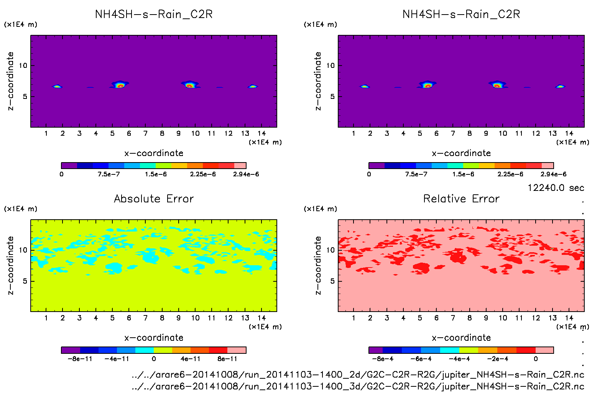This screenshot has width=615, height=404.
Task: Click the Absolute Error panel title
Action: (x=154, y=199)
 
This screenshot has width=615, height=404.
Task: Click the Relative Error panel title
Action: (x=461, y=199)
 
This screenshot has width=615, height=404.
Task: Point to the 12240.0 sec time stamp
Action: (x=556, y=188)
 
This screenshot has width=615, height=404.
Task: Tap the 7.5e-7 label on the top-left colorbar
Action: (x=109, y=174)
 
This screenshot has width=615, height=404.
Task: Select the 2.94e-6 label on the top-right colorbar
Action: (x=553, y=174)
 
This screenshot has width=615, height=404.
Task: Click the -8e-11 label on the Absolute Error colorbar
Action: (x=80, y=359)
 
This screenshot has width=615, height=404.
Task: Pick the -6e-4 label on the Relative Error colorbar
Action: (x=421, y=359)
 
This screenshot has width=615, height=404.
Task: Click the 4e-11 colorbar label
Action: (x=191, y=359)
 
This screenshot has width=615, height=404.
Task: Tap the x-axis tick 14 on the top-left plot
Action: (x=261, y=133)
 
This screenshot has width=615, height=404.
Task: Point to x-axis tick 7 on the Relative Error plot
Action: (x=453, y=318)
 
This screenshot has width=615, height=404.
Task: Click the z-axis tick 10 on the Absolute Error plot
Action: (x=23, y=250)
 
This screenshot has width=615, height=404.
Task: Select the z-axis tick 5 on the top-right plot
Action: (x=332, y=97)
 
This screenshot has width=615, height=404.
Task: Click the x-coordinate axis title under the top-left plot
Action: (x=154, y=153)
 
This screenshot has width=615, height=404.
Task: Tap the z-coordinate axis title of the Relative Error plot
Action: (x=318, y=265)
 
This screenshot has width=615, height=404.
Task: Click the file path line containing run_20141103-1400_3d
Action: (x=358, y=386)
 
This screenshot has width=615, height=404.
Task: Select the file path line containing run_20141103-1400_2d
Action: (x=358, y=374)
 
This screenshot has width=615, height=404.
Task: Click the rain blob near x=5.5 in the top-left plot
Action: (x=120, y=85)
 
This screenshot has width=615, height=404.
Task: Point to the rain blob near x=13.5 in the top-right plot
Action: (x=560, y=86)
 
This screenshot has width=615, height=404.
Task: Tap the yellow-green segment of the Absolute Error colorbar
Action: (x=163, y=350)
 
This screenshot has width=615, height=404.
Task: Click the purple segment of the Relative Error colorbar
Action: (x=376, y=350)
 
